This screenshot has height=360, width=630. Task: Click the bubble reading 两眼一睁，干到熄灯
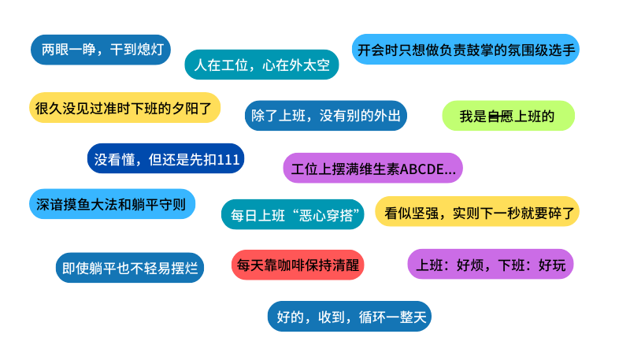coord(101,50)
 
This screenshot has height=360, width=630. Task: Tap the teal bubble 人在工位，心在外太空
coord(261,65)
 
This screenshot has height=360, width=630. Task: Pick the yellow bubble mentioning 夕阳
coord(124,108)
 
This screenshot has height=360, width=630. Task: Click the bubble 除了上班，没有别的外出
coord(325,116)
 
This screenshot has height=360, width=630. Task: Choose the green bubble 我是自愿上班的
coord(508,117)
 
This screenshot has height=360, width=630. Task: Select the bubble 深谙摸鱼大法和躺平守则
coord(111,204)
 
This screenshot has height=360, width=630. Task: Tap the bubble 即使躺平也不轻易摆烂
coord(130,267)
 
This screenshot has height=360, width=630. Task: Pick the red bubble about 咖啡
coord(298,265)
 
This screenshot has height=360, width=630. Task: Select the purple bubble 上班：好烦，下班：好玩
coord(491,265)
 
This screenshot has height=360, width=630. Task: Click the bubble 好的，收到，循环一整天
coord(350,317)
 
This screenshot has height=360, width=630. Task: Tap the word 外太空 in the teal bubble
coord(310,65)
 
